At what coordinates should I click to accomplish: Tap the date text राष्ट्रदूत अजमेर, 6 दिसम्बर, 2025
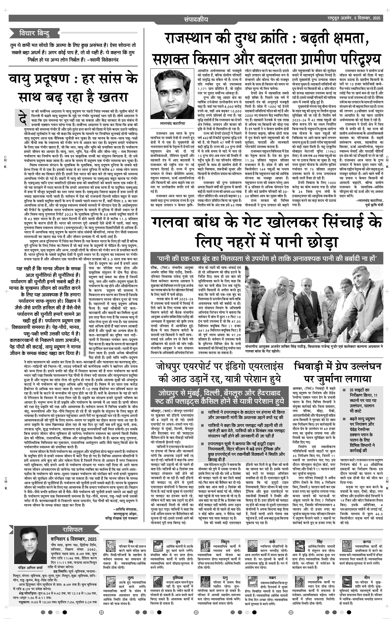[x=353, y=18]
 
